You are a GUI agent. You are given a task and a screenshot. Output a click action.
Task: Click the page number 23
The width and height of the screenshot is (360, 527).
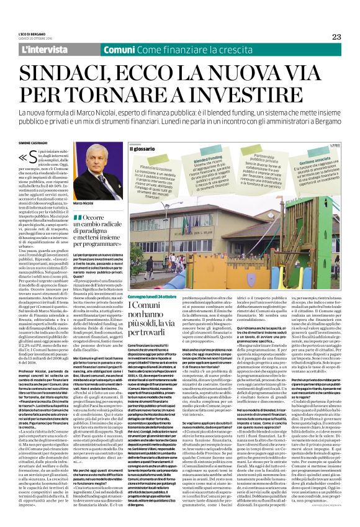pyautogui.click(x=336, y=37)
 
